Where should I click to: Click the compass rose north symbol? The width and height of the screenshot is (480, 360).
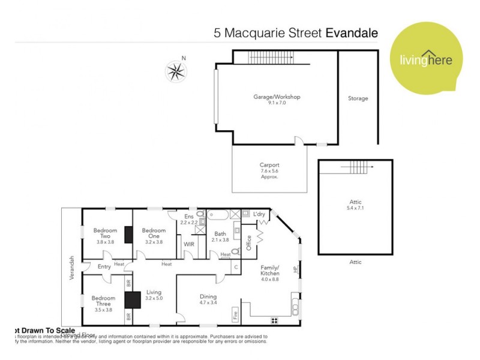coord(176,72)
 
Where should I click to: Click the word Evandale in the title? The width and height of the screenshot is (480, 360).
coord(352,33)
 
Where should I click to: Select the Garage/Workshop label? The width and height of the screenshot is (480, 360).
coord(277,97)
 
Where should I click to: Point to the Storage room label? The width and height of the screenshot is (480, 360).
coord(358,98)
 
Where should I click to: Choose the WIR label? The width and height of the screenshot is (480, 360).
coord(188,244)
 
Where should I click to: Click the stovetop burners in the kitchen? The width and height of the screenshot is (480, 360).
coord(275,320)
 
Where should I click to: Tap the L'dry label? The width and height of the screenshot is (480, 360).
coord(259,214)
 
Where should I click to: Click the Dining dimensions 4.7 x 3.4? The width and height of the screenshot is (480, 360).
coord(208,303)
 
